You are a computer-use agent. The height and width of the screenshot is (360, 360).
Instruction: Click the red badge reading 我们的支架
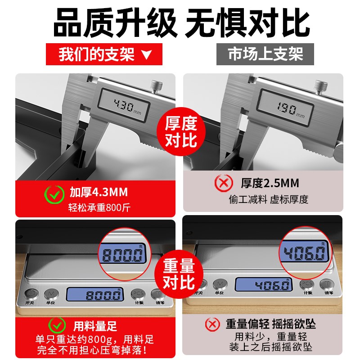[x=104, y=54]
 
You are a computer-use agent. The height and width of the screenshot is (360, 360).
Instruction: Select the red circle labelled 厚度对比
[x=181, y=130]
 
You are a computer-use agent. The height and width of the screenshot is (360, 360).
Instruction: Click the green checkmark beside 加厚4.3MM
[x=54, y=194]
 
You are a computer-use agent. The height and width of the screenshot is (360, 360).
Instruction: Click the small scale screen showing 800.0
[x=95, y=295]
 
